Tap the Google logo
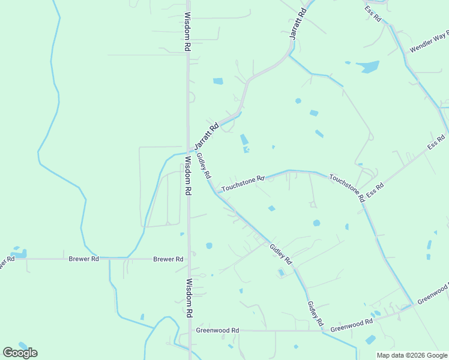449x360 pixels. coord(20,352)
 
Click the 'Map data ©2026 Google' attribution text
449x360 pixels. coord(412,355)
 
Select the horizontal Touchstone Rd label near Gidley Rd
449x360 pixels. coord(243,184)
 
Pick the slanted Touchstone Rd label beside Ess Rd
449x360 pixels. coord(346,187)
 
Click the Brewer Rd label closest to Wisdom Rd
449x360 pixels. coord(168,259)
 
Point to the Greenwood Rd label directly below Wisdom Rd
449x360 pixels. coord(217,331)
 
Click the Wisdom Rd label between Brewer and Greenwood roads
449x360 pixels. coord(189,298)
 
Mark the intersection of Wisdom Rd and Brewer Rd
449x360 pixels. coord(188,259)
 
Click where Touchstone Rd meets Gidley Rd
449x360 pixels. coord(217,193)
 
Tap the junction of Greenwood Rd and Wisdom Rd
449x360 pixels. coord(189,331)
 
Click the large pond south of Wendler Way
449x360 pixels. coord(367,67)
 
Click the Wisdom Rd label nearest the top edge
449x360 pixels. coord(187,32)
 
